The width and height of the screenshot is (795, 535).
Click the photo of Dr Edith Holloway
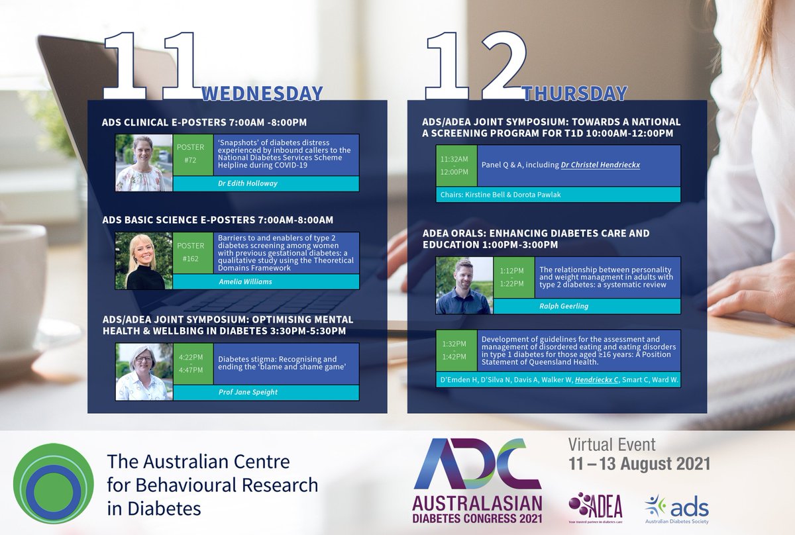[144, 163]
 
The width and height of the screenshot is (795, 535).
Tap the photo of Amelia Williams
[144, 260]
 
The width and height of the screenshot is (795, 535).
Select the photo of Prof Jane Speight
[144, 371]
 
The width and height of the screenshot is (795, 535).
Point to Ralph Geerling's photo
[464, 285]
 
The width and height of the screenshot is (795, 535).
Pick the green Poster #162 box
[191, 252]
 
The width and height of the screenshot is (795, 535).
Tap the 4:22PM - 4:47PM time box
[191, 364]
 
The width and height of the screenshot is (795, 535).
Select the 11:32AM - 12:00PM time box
[454, 166]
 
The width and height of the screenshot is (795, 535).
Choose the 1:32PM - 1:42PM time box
[454, 351]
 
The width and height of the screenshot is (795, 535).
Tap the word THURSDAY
[575, 93]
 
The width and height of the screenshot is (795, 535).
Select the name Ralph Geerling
[586, 307]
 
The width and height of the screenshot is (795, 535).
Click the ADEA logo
[595, 506]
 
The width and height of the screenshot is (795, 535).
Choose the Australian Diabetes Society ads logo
[676, 509]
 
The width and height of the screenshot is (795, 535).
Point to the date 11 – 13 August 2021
[639, 463]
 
